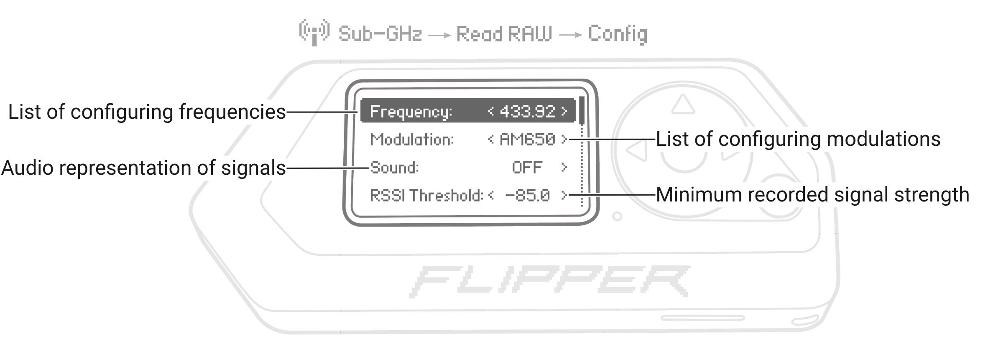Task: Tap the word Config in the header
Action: (618, 34)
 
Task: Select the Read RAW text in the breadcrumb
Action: (504, 34)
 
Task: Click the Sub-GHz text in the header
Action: (380, 34)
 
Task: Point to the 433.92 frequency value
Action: (527, 112)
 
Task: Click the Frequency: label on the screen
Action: (411, 112)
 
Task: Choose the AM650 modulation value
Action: (527, 139)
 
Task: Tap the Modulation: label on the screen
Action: (412, 139)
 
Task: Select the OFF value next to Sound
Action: (527, 168)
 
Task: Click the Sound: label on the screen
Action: (394, 168)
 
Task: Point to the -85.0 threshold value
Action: (527, 195)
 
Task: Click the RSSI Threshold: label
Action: (426, 195)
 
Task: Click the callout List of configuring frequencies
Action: (147, 112)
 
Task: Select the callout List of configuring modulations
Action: (798, 139)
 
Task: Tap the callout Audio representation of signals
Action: (143, 168)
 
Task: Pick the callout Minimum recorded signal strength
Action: (812, 195)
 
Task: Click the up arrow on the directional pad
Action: (683, 105)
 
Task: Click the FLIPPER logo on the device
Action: (550, 281)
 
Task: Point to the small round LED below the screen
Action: (617, 217)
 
